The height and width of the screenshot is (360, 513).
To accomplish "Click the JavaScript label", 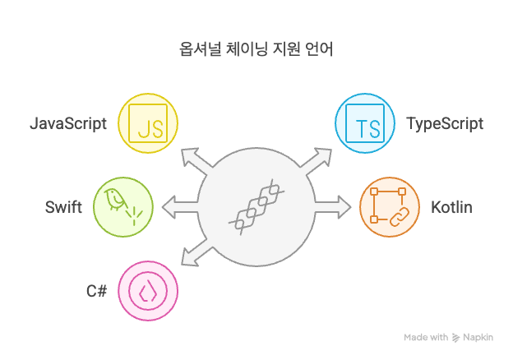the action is tap(69, 125).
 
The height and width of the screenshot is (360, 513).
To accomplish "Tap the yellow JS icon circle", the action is tap(149, 125).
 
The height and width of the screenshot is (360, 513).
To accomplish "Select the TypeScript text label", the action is tap(445, 125).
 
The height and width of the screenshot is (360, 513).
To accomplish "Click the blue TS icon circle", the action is tap(364, 125).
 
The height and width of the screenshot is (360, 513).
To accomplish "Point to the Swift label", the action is tap(63, 207).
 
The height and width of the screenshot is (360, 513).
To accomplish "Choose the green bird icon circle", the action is tap(123, 207).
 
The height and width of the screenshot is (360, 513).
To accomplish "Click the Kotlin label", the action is tap(451, 207).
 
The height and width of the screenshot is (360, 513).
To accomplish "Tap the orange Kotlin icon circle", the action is tap(390, 207).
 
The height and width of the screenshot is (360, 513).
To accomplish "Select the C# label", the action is tap(97, 291).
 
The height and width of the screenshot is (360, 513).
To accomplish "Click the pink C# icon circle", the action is tap(149, 291).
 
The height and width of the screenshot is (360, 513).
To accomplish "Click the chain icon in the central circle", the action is tap(256, 207).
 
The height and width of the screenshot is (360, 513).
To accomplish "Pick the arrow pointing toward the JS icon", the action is tap(194, 159).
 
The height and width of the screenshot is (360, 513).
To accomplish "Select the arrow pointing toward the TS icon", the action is tap(319, 159).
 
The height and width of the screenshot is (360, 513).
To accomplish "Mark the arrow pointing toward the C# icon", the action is tap(194, 255).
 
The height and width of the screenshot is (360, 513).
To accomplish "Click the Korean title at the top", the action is tap(256, 49).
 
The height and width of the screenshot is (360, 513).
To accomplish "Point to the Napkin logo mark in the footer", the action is tap(456, 337).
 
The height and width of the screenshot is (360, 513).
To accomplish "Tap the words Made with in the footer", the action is tap(426, 337).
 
